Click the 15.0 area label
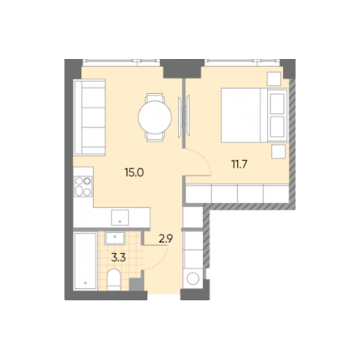134,172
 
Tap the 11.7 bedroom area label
239,164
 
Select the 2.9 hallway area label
166,239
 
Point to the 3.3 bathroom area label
119,258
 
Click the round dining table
155,117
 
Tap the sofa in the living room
90,117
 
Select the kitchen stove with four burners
83,186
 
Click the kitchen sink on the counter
120,218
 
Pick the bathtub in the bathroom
86,261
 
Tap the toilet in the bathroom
113,280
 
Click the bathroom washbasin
115,238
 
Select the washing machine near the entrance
193,278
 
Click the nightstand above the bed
274,78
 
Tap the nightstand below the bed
278,151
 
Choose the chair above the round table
155,98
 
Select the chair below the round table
155,137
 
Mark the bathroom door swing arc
159,260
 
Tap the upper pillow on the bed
277,104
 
